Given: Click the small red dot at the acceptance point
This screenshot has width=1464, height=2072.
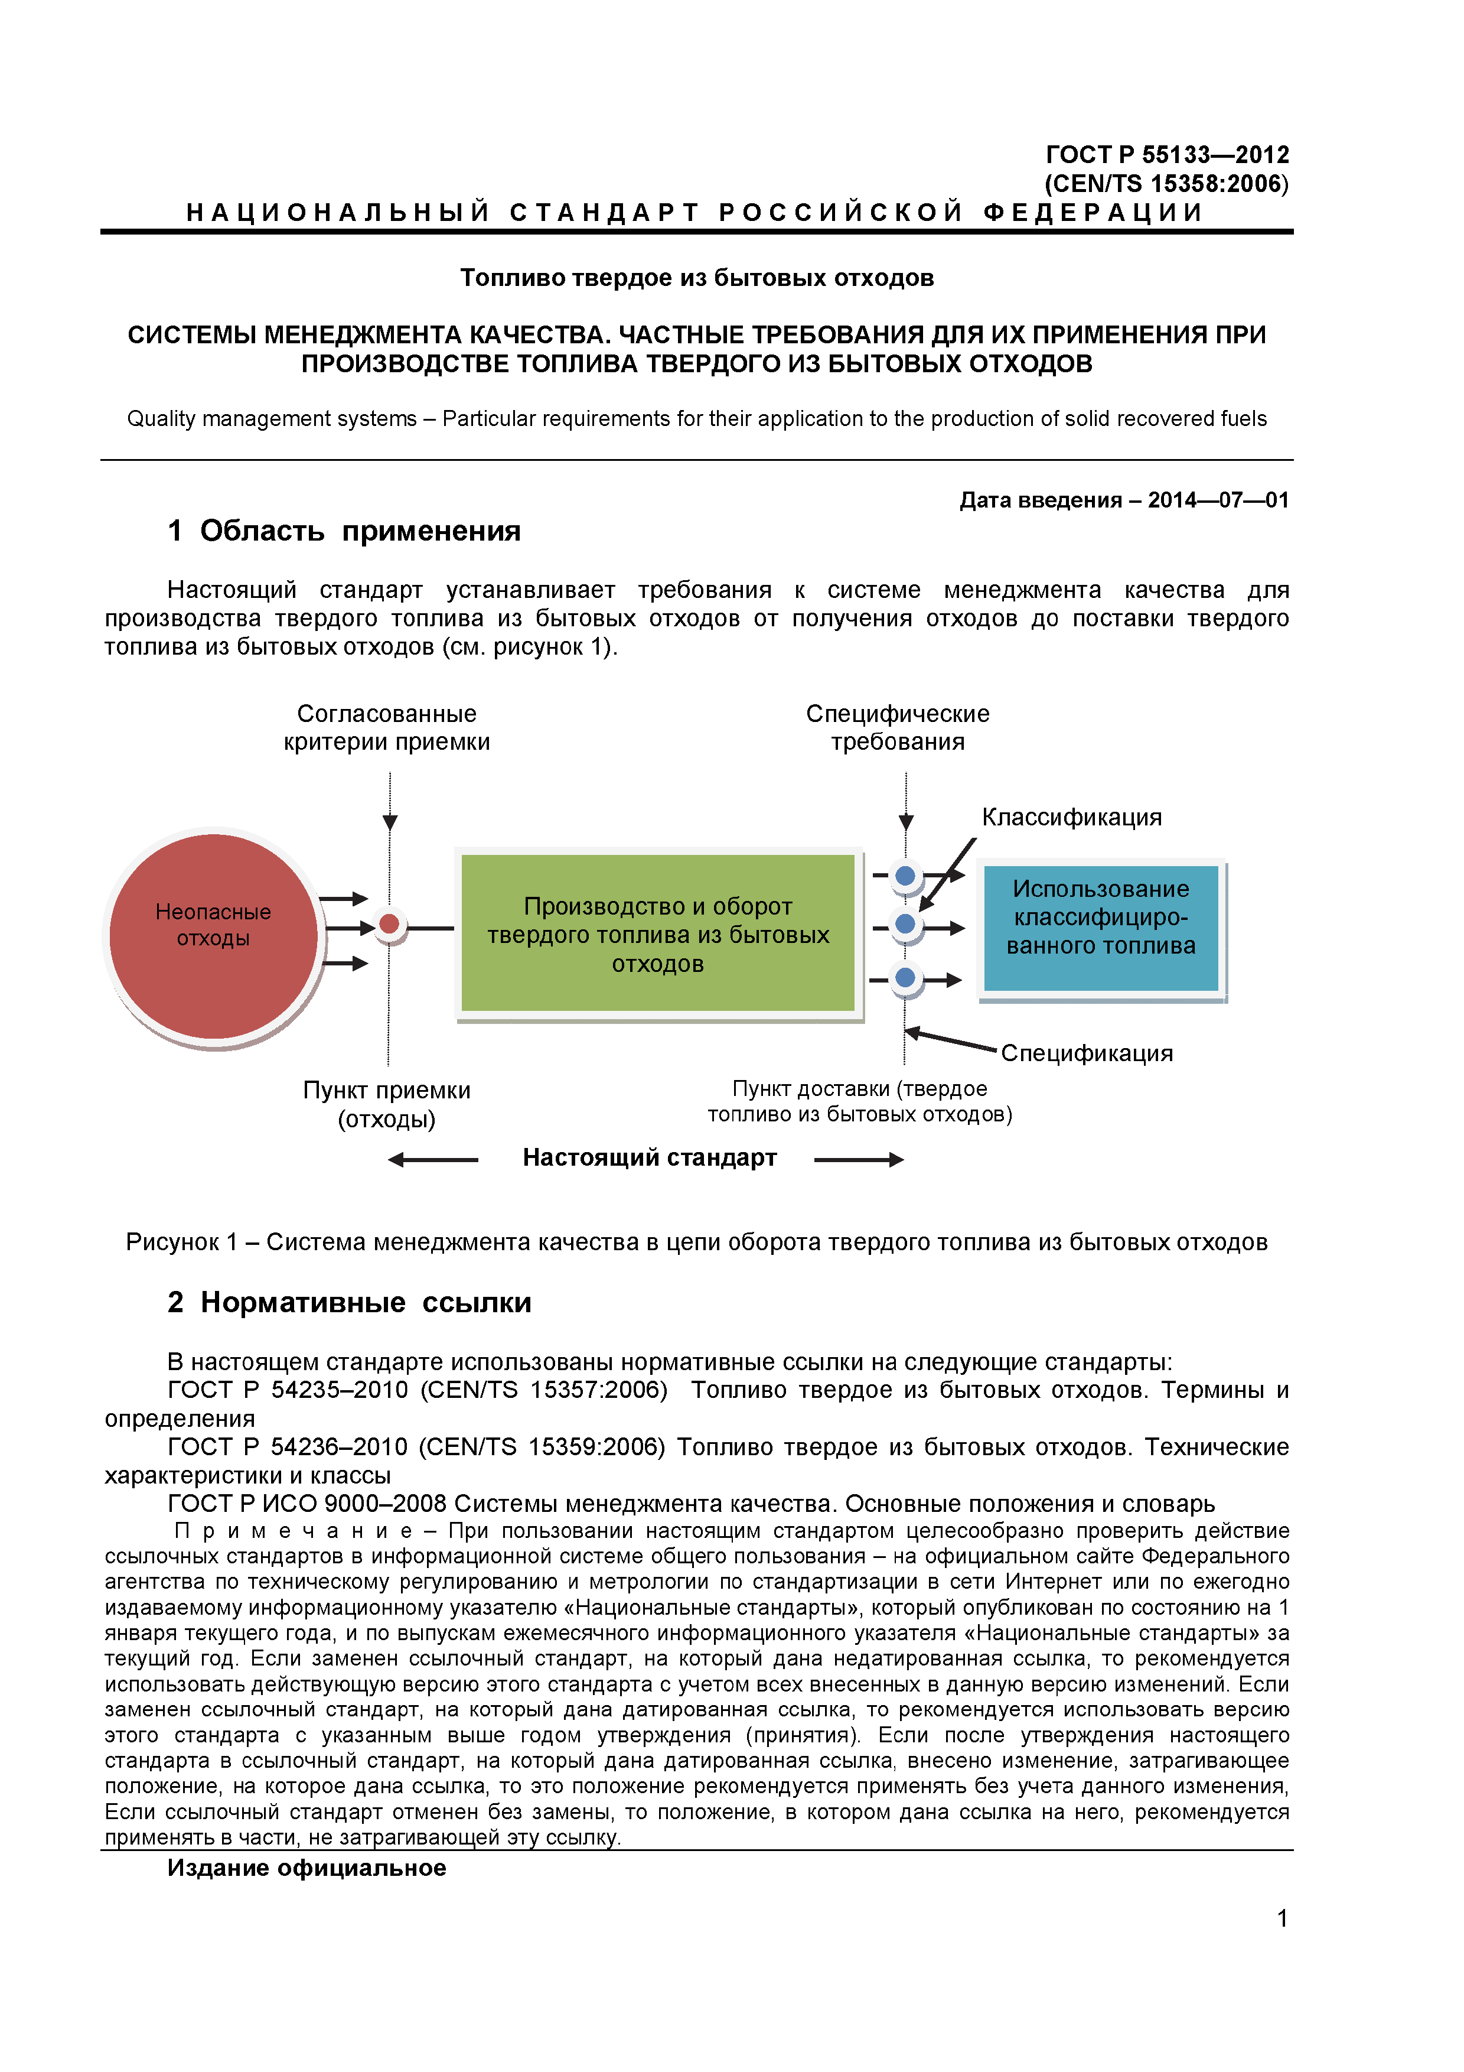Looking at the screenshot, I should (x=390, y=924).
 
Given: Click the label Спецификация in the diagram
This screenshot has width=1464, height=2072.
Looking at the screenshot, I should (x=1087, y=1053).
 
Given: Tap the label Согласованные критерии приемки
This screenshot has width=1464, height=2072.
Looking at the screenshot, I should (x=387, y=727).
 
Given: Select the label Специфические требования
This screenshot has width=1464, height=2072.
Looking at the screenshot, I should (x=898, y=727).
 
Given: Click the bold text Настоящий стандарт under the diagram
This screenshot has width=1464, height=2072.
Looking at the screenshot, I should (x=650, y=1158).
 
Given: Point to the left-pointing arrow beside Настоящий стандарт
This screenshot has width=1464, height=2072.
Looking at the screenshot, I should (x=433, y=1160).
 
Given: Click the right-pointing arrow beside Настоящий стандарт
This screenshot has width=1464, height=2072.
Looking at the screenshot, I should (x=859, y=1160).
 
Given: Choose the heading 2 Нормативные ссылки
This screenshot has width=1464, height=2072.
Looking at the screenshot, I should (x=350, y=1302).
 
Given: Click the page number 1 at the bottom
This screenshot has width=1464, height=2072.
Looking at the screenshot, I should (x=1282, y=1918).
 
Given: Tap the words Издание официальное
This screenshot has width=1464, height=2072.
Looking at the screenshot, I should (x=307, y=1868).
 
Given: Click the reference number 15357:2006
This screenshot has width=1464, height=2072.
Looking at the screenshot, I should (x=595, y=1390).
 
